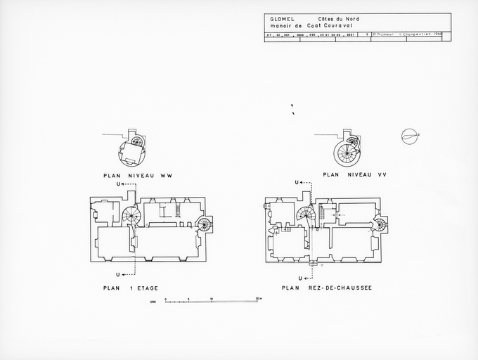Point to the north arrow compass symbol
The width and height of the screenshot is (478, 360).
(x=409, y=136)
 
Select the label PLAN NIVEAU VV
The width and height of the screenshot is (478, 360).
(x=350, y=174)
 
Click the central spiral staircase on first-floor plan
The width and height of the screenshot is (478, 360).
(x=131, y=215)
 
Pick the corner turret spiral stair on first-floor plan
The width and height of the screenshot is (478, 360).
(x=204, y=225)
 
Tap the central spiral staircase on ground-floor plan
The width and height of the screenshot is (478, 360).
(x=306, y=216)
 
